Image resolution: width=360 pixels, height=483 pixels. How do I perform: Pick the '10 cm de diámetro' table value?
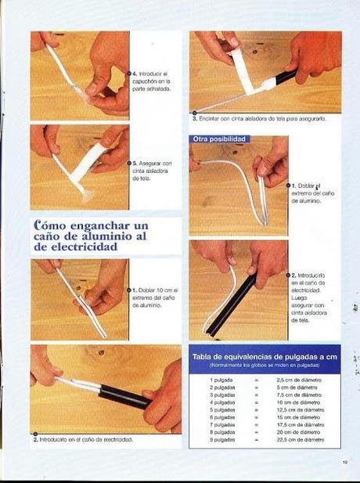[x=298, y=402]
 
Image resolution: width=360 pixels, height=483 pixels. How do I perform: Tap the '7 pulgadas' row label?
[x=222, y=424]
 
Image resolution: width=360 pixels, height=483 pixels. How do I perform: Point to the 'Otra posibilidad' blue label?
[x=220, y=139]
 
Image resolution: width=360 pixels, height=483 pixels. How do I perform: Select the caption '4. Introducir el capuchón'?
[x=152, y=81]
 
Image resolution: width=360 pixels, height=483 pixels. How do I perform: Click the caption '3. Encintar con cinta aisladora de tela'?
[x=258, y=118]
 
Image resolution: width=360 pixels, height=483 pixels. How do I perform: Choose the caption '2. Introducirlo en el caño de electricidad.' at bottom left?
[x=83, y=439]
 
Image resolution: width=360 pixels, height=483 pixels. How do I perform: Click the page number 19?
[x=344, y=462]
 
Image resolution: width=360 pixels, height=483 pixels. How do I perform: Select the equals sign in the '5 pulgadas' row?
[x=256, y=409]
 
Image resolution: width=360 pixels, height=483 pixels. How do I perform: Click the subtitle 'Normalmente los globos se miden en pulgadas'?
[x=265, y=366]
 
